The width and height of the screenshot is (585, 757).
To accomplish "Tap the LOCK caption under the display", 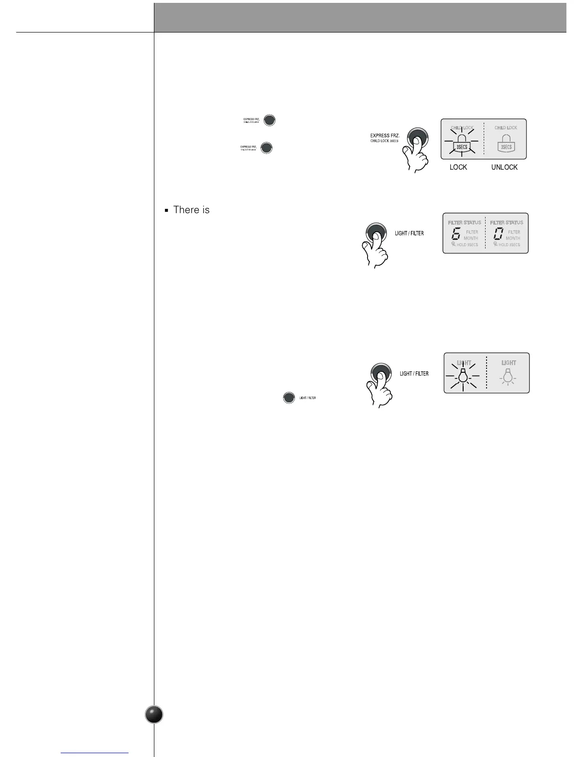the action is click(458, 167).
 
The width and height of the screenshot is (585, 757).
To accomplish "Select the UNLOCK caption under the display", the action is click(504, 167).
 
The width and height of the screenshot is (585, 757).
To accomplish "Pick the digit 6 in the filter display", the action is click(455, 234).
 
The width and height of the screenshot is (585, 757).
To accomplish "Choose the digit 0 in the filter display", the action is click(498, 234).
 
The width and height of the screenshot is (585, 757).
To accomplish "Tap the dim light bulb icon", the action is click(509, 377).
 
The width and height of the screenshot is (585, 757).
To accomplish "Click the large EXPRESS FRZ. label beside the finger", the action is click(385, 136).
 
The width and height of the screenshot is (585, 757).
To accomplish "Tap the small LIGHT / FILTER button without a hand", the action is click(289, 398).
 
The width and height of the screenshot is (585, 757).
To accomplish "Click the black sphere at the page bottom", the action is click(154, 714).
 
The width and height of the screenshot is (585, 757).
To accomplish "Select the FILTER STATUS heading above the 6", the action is click(465, 223).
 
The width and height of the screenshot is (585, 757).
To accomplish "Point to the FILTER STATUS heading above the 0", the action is click(507, 223).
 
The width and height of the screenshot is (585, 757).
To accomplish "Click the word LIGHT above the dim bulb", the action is click(509, 363).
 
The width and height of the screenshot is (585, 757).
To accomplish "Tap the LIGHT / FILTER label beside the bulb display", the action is click(414, 373).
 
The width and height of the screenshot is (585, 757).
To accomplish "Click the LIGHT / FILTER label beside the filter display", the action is click(409, 233).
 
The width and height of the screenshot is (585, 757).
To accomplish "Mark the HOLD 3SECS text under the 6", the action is click(467, 245).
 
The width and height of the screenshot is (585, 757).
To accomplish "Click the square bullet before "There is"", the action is click(166, 210).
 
